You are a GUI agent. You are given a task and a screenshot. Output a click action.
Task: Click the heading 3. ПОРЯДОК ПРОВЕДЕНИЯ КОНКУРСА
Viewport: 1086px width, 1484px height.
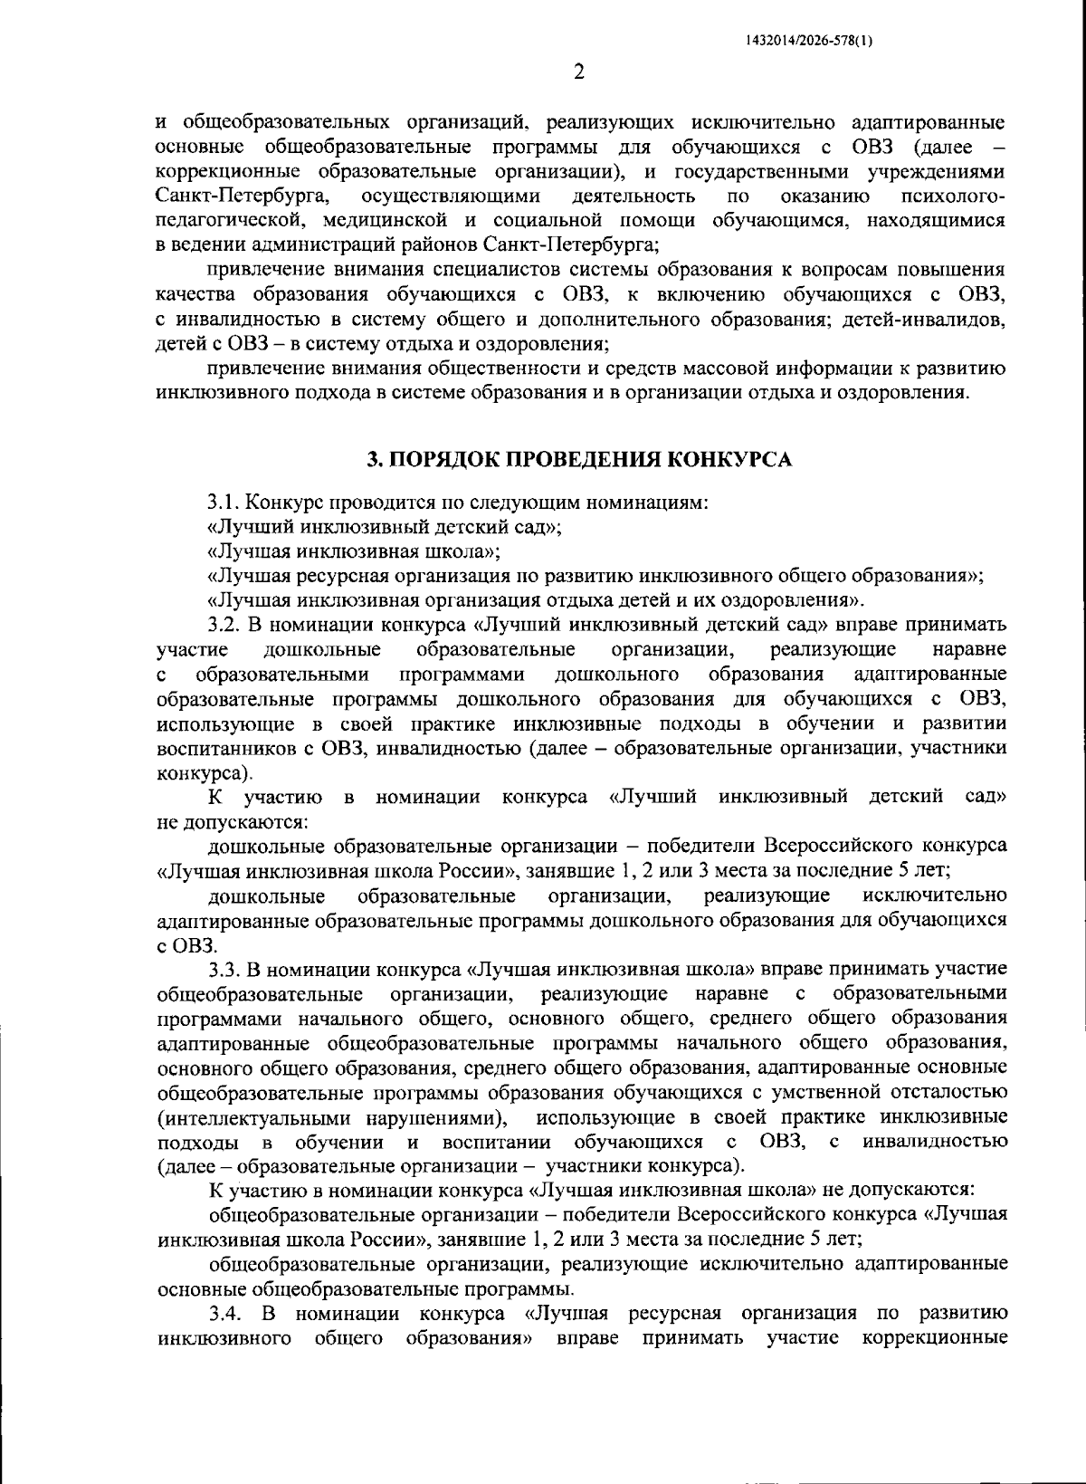pos(578,459)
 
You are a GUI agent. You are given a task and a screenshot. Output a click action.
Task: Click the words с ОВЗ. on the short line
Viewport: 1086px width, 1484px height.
pos(186,945)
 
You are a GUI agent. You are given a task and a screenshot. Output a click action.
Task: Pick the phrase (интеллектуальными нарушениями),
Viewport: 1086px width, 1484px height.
pos(332,1116)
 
